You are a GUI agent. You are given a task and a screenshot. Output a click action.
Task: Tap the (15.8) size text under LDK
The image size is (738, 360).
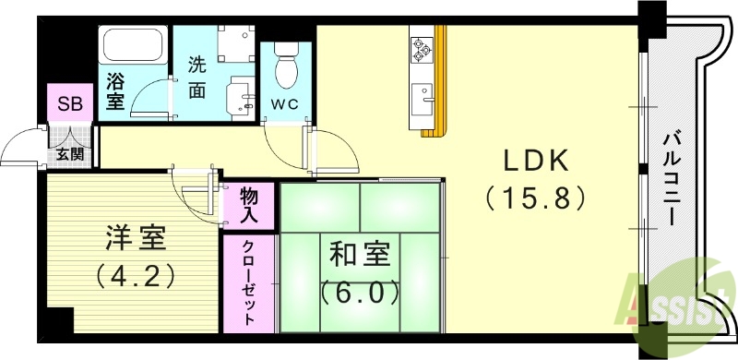tap(536, 198)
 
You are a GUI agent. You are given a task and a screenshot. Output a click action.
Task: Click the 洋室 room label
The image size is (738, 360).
tap(134, 238)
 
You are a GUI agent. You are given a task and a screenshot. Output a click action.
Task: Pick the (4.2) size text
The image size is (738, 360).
tap(134, 276)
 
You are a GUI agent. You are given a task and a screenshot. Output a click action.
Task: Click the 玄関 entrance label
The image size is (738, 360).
tap(69, 154)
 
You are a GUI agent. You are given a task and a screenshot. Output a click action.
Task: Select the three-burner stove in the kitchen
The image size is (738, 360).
tap(423, 48)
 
